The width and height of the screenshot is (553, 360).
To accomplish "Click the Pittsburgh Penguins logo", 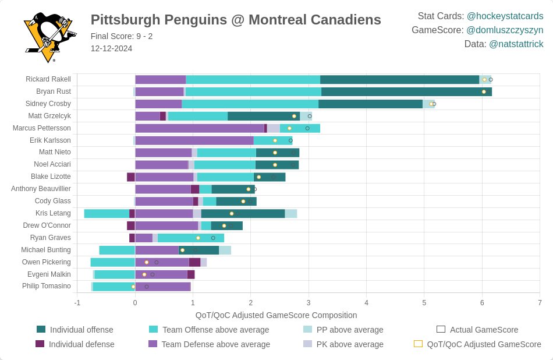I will click(x=49, y=37).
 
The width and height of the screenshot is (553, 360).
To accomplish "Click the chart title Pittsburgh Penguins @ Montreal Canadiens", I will click(x=236, y=20).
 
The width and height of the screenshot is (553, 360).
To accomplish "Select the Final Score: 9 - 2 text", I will click(x=122, y=36).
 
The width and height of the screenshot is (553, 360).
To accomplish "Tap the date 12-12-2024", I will click(x=111, y=48).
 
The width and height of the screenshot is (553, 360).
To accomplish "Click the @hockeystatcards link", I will click(x=505, y=16).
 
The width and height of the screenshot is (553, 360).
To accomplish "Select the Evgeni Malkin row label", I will click(x=49, y=274).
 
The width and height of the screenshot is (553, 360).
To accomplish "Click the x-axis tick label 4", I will click(x=366, y=303).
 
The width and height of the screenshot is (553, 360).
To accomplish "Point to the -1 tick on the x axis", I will click(x=77, y=303).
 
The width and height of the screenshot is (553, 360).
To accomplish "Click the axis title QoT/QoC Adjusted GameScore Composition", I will click(x=276, y=315).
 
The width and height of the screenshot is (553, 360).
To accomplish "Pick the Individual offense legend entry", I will click(x=81, y=330).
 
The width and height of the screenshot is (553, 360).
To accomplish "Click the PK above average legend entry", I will click(x=350, y=344).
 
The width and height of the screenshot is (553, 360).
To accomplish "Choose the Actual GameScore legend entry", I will click(x=484, y=330).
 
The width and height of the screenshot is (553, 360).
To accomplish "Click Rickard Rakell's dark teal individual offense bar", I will click(x=399, y=79).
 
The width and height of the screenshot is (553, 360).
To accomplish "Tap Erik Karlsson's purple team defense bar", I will click(x=194, y=140).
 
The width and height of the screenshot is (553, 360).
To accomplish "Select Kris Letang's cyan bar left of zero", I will click(x=107, y=213).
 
